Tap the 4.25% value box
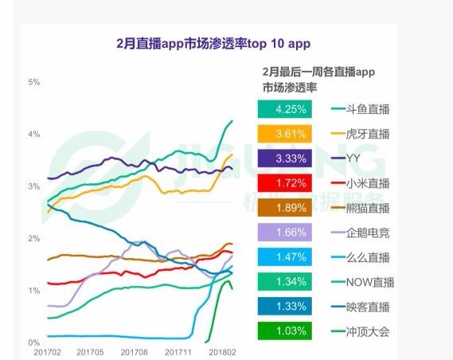283,109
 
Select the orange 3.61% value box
283,134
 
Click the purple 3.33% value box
283,158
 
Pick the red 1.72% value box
283,183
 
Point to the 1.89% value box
283,208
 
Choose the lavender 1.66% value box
283,233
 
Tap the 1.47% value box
283,257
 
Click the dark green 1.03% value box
283,331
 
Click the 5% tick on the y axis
34,82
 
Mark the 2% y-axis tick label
34,239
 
